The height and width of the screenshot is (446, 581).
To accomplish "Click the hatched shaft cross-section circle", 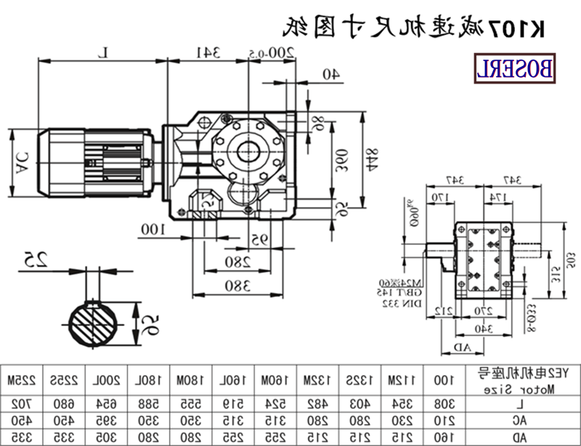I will (92, 319).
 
